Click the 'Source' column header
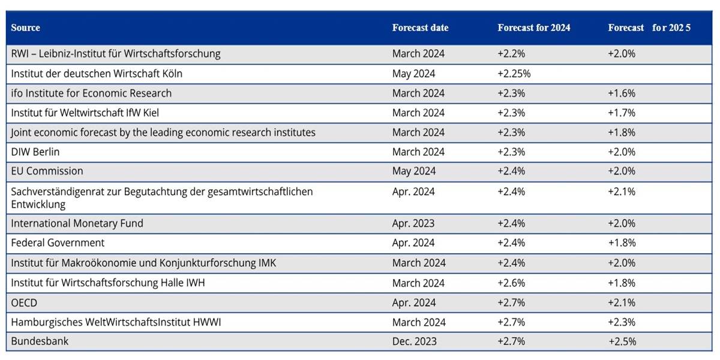pyautogui.click(x=25, y=28)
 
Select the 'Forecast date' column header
pyautogui.click(x=420, y=28)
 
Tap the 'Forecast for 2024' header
pyautogui.click(x=533, y=28)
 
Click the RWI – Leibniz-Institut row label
pyautogui.click(x=116, y=53)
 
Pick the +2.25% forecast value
pyautogui.click(x=514, y=74)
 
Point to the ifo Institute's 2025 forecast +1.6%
pyautogui.click(x=622, y=93)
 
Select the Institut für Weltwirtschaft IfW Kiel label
pyautogui.click(x=85, y=113)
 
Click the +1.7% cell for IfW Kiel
pyautogui.click(x=622, y=113)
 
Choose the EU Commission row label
pyautogui.click(x=47, y=171)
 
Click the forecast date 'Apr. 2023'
pyautogui.click(x=413, y=223)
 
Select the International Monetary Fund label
pyautogui.click(x=77, y=223)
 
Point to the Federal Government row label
pyautogui.click(x=58, y=242)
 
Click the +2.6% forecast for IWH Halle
pyautogui.click(x=511, y=283)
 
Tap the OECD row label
pyautogui.click(x=24, y=302)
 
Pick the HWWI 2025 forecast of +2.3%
pyautogui.click(x=622, y=322)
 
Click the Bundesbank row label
pyautogui.click(x=40, y=341)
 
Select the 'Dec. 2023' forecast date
pyautogui.click(x=415, y=341)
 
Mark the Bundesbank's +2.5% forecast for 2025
pyautogui.click(x=622, y=341)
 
